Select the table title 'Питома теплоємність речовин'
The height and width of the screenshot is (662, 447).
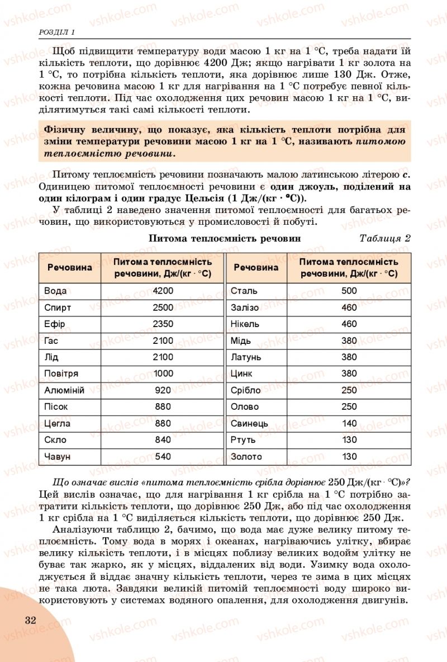225,238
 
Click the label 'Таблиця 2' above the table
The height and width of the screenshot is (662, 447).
385,238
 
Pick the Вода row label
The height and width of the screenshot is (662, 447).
55,291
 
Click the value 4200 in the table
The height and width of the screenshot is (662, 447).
163,291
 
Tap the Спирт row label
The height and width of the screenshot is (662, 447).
57,308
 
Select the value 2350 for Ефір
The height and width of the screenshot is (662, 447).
163,324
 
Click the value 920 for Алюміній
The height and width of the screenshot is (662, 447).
163,390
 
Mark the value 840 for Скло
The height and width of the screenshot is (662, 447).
163,440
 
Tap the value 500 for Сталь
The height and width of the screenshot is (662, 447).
349,291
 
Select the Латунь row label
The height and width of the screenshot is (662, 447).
246,357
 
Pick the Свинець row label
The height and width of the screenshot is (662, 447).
249,423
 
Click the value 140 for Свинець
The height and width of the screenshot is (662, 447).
349,423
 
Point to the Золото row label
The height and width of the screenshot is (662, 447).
246,457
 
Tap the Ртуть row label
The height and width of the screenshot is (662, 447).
243,440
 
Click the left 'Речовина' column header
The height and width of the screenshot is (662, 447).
69,268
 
